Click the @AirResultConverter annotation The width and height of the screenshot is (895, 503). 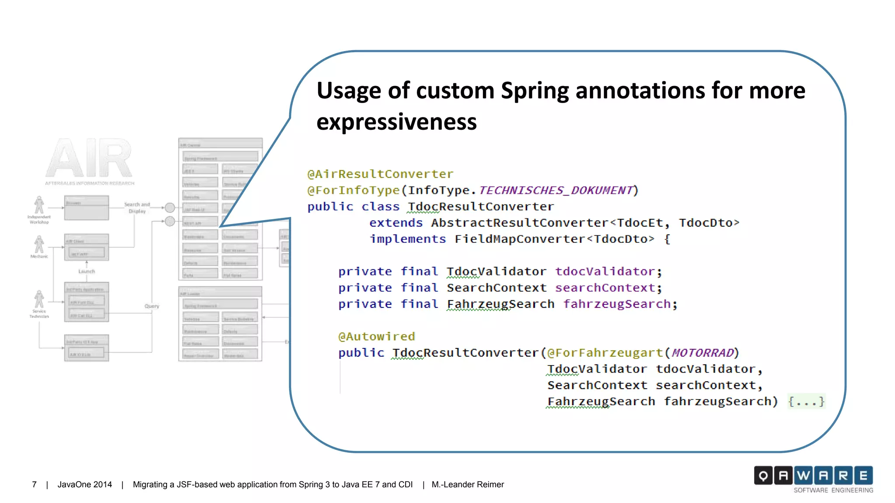pyautogui.click(x=380, y=174)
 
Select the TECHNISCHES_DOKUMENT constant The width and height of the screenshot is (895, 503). pyautogui.click(x=556, y=190)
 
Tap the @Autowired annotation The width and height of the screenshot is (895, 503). pyautogui.click(x=376, y=336)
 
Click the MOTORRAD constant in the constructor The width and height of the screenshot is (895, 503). pyautogui.click(x=702, y=353)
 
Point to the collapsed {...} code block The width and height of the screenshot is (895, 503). pyautogui.click(x=806, y=401)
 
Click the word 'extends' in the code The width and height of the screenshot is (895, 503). pyautogui.click(x=396, y=223)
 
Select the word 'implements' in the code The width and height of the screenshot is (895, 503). pyautogui.click(x=408, y=239)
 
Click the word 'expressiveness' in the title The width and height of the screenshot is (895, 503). pyautogui.click(x=396, y=121)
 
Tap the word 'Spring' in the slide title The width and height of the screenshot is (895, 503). pyautogui.click(x=534, y=90)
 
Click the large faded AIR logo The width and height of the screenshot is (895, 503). pyautogui.click(x=89, y=158)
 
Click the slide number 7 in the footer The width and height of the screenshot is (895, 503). pyautogui.click(x=34, y=485)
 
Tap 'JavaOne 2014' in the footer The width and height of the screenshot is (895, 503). pyautogui.click(x=85, y=485)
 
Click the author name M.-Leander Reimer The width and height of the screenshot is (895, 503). pyautogui.click(x=468, y=485)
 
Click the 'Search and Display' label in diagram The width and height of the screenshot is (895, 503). pyautogui.click(x=137, y=207)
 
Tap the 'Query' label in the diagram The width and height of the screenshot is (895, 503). pyautogui.click(x=152, y=306)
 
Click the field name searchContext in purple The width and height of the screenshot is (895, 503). pyautogui.click(x=605, y=288)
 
